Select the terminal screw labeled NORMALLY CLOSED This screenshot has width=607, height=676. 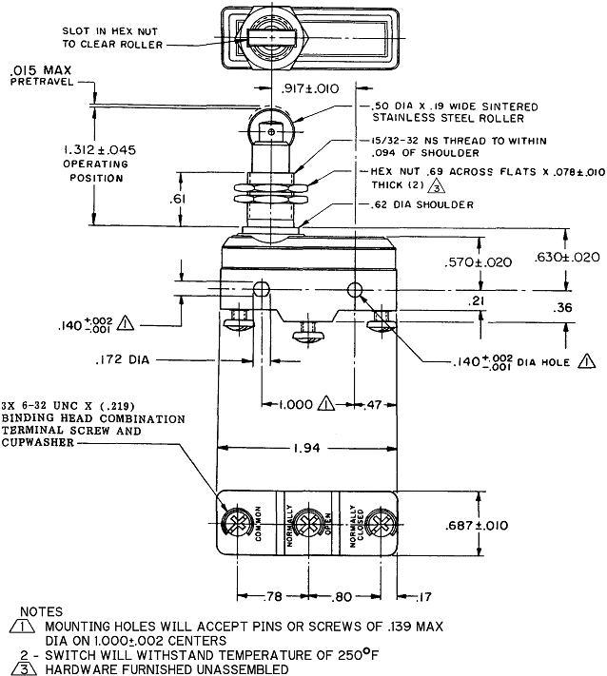pyautogui.click(x=379, y=524)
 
